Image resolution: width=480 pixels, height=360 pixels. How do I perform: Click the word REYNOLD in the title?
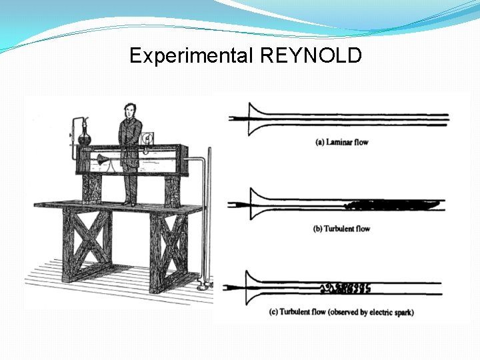(x=311, y=55)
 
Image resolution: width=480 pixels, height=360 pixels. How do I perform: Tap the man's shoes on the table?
(x=129, y=202)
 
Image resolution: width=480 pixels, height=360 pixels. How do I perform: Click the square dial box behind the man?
(x=148, y=137)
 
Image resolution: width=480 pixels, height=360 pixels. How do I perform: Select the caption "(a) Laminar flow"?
(x=341, y=142)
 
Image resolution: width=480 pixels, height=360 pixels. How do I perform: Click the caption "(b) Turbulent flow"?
(x=341, y=229)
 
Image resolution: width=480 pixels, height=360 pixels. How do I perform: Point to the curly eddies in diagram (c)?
(x=345, y=288)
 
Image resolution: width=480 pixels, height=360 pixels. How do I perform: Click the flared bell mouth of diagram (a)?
(x=253, y=118)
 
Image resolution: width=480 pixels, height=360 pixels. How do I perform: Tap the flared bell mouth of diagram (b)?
(x=253, y=204)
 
